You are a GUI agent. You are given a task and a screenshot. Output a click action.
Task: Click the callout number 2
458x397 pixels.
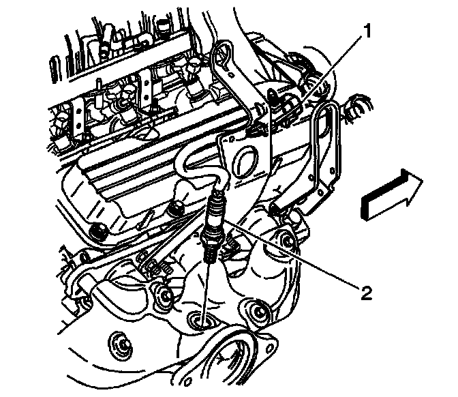(366, 294)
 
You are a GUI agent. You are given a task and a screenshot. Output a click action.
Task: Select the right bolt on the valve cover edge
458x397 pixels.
(179, 198)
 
